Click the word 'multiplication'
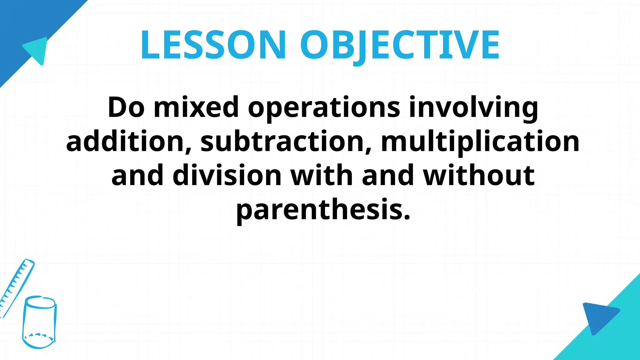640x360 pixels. pos(480,142)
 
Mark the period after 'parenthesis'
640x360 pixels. pos(407,217)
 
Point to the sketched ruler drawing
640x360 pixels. pos(16,287)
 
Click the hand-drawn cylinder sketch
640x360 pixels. pos(40,322)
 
